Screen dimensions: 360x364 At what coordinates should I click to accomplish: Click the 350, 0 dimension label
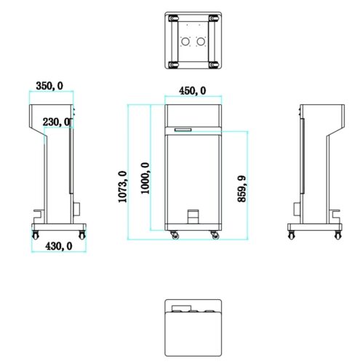(49, 86)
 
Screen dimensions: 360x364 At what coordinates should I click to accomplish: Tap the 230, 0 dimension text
(57, 122)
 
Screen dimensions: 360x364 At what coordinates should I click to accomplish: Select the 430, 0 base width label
(59, 246)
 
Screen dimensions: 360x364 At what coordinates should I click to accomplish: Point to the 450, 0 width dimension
(193, 91)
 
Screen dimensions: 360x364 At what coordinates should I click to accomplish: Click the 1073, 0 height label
(122, 186)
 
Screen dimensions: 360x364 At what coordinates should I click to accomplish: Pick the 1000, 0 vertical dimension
(145, 178)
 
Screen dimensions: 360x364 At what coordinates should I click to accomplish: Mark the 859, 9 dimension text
(241, 189)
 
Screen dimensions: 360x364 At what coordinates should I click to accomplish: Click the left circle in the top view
(185, 41)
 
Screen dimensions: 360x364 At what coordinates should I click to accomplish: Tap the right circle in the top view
(201, 41)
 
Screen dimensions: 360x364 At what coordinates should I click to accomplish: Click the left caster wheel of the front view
(175, 235)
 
